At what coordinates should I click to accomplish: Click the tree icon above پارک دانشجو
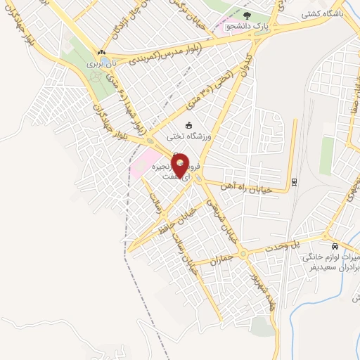click(247, 14)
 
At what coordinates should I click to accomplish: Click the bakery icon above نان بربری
click(103, 52)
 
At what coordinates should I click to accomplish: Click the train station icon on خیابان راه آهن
click(294, 183)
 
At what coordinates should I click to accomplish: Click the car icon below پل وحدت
click(335, 246)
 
